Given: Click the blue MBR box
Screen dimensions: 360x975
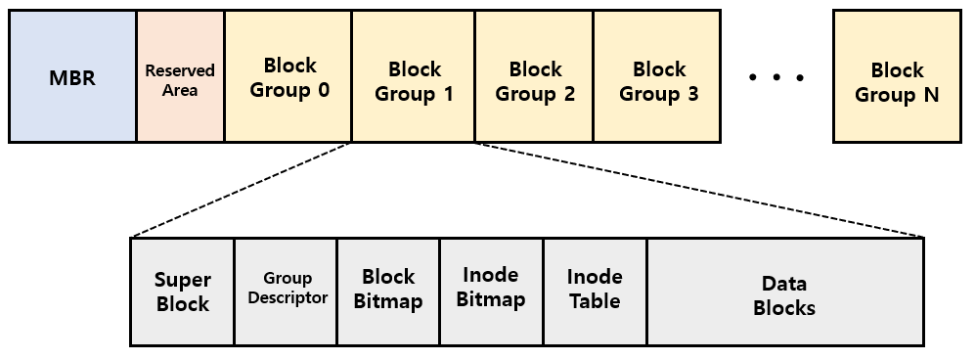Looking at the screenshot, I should click(x=72, y=77).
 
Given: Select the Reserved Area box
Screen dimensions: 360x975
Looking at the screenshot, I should click(x=180, y=77).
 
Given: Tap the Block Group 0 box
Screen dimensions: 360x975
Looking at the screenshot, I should click(x=288, y=77).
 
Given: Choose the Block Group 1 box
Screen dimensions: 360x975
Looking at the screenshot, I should click(x=414, y=77).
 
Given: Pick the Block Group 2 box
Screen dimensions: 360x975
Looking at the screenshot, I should click(x=535, y=77).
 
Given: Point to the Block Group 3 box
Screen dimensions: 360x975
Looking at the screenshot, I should click(x=659, y=77).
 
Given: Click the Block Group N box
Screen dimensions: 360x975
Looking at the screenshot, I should click(x=897, y=77).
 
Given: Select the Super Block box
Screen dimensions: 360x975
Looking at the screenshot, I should click(x=182, y=292).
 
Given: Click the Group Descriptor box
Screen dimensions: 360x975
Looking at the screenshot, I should click(x=286, y=292).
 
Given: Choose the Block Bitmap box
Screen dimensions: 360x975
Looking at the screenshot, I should click(x=388, y=292).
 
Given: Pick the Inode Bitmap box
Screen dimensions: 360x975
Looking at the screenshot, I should click(x=491, y=292).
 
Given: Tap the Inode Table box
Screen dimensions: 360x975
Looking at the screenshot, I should click(x=595, y=292).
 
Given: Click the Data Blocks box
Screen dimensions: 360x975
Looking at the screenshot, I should click(x=784, y=292).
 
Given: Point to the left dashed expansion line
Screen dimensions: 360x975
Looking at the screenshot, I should click(x=241, y=190).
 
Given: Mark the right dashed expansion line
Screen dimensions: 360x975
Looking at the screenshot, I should click(x=698, y=190).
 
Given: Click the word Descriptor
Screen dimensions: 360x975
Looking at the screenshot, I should click(x=287, y=298).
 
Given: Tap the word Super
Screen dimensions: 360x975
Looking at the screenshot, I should click(x=183, y=281).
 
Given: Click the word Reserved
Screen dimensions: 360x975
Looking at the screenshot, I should click(x=180, y=70).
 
